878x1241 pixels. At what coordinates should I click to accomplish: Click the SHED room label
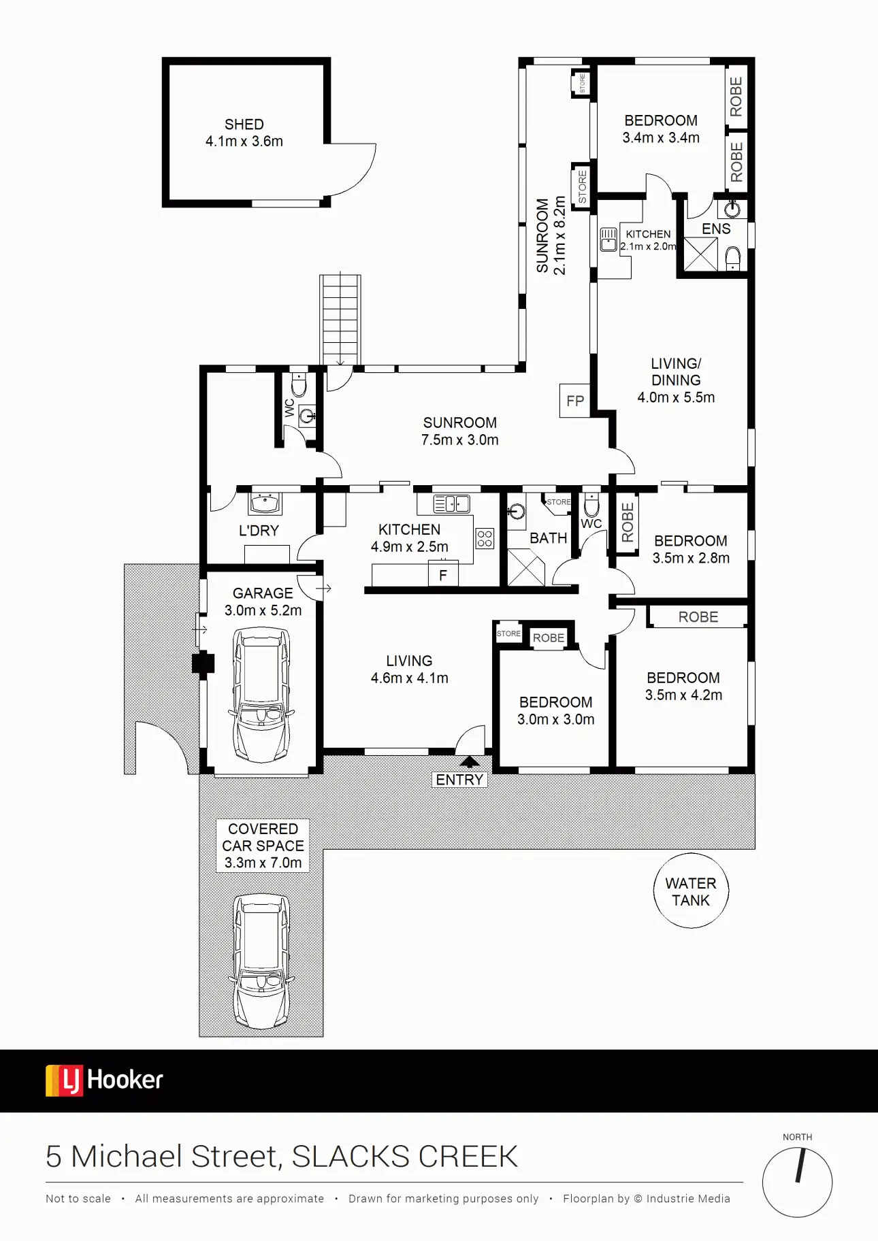(x=244, y=125)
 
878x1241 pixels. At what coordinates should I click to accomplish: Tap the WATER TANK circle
(x=691, y=891)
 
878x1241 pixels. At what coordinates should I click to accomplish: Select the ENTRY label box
(x=459, y=780)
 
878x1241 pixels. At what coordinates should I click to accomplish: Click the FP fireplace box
(x=575, y=401)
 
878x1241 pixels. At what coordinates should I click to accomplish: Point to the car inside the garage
(x=262, y=695)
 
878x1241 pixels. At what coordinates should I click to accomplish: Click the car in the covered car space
(x=262, y=961)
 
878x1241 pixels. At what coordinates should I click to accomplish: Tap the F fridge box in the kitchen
(x=443, y=575)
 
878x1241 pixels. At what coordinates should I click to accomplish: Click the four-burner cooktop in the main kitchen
(x=485, y=539)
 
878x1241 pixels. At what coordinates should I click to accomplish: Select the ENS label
(x=716, y=229)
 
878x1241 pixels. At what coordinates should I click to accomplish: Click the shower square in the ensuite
(x=700, y=254)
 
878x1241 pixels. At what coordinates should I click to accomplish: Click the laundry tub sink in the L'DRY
(x=265, y=503)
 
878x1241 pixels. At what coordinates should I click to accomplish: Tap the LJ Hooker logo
(x=104, y=1080)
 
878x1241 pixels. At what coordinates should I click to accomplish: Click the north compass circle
(x=797, y=1182)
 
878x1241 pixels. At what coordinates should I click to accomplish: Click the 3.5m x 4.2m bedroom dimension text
(x=683, y=695)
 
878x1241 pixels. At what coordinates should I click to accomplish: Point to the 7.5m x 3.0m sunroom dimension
(x=459, y=440)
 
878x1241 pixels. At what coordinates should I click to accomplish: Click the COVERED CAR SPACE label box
(x=263, y=846)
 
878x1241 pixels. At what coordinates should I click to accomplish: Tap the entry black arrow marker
(x=470, y=762)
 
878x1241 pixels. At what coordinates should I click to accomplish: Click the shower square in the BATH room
(x=526, y=567)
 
